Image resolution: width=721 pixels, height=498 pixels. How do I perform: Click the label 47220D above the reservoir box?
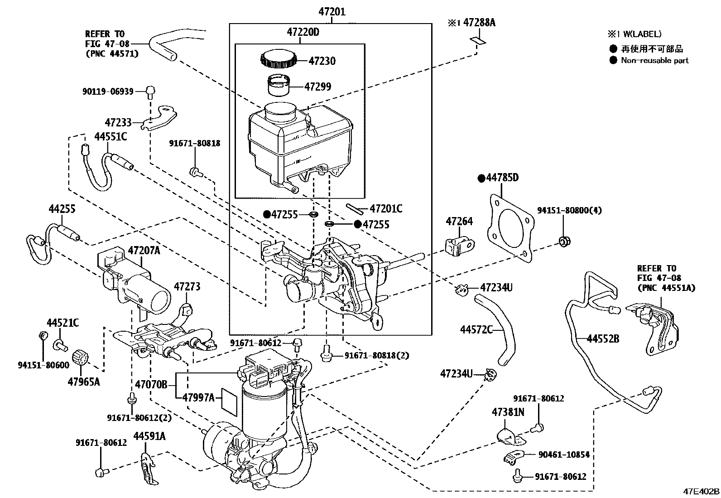click(303, 32)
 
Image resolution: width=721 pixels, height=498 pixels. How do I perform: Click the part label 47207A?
click(144, 250)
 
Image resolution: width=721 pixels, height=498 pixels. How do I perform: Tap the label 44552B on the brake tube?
click(603, 338)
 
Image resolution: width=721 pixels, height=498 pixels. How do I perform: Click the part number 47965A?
click(84, 382)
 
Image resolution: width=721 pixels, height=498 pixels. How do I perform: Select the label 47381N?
click(508, 412)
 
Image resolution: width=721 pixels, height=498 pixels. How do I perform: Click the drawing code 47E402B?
click(701, 492)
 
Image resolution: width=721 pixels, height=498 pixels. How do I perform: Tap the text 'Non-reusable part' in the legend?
click(654, 60)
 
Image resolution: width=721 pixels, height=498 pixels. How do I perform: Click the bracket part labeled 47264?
click(460, 245)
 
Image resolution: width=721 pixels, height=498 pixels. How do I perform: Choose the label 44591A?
click(149, 436)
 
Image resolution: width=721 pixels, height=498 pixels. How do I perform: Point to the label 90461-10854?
click(564, 454)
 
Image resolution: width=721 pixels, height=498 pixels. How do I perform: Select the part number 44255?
click(62, 209)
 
